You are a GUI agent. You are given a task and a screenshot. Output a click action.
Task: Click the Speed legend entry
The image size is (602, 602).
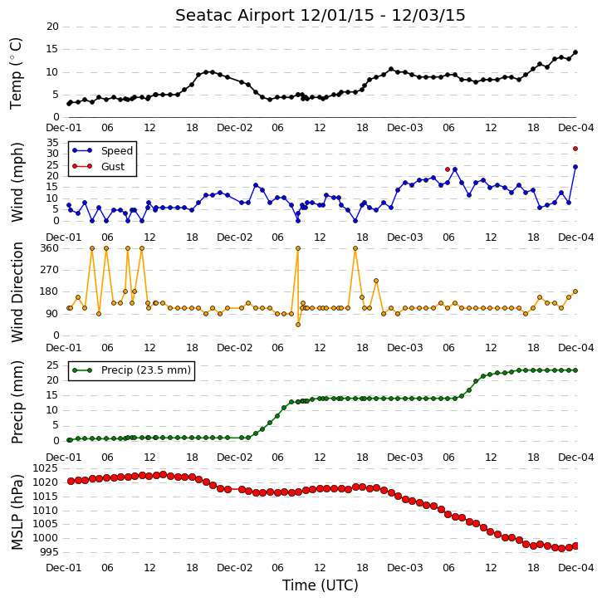[x=102, y=150]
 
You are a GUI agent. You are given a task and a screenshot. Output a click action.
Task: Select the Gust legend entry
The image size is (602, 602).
[x=98, y=166]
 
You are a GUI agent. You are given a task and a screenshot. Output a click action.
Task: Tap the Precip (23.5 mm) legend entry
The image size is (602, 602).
[x=131, y=370]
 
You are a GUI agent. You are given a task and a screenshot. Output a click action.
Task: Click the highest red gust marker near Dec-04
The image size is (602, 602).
[x=575, y=149]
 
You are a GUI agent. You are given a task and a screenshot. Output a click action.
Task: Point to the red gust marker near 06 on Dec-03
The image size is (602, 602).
[x=448, y=169]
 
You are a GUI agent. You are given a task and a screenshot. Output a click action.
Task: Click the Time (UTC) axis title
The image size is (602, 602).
[x=321, y=585]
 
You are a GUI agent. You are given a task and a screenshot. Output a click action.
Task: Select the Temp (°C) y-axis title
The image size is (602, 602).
[x=16, y=73]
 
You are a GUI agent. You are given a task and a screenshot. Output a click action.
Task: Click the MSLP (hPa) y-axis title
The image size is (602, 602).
[x=17, y=511]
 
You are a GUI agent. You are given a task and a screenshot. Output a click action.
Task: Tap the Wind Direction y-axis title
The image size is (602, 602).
[x=17, y=291]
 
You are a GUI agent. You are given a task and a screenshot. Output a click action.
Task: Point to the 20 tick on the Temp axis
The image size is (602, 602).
[x=52, y=27]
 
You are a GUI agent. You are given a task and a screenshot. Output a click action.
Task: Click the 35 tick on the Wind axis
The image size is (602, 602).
[x=52, y=143]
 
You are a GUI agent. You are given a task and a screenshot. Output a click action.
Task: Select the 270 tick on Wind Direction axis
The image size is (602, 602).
[x=50, y=270]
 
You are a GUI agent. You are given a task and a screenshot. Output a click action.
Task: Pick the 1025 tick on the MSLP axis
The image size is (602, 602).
[x=46, y=468]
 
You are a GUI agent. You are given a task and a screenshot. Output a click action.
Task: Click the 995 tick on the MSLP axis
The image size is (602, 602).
[x=49, y=552]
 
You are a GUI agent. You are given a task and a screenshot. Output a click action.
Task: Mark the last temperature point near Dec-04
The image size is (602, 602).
[x=575, y=52]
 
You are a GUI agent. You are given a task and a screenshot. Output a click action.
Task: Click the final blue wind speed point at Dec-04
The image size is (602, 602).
[x=575, y=167]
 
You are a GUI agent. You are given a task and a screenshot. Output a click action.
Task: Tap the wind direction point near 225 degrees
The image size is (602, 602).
[x=376, y=281]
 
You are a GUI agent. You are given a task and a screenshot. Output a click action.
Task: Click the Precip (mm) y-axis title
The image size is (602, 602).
[x=17, y=402]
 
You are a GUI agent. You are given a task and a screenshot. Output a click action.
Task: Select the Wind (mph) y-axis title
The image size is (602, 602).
[x=17, y=183]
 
